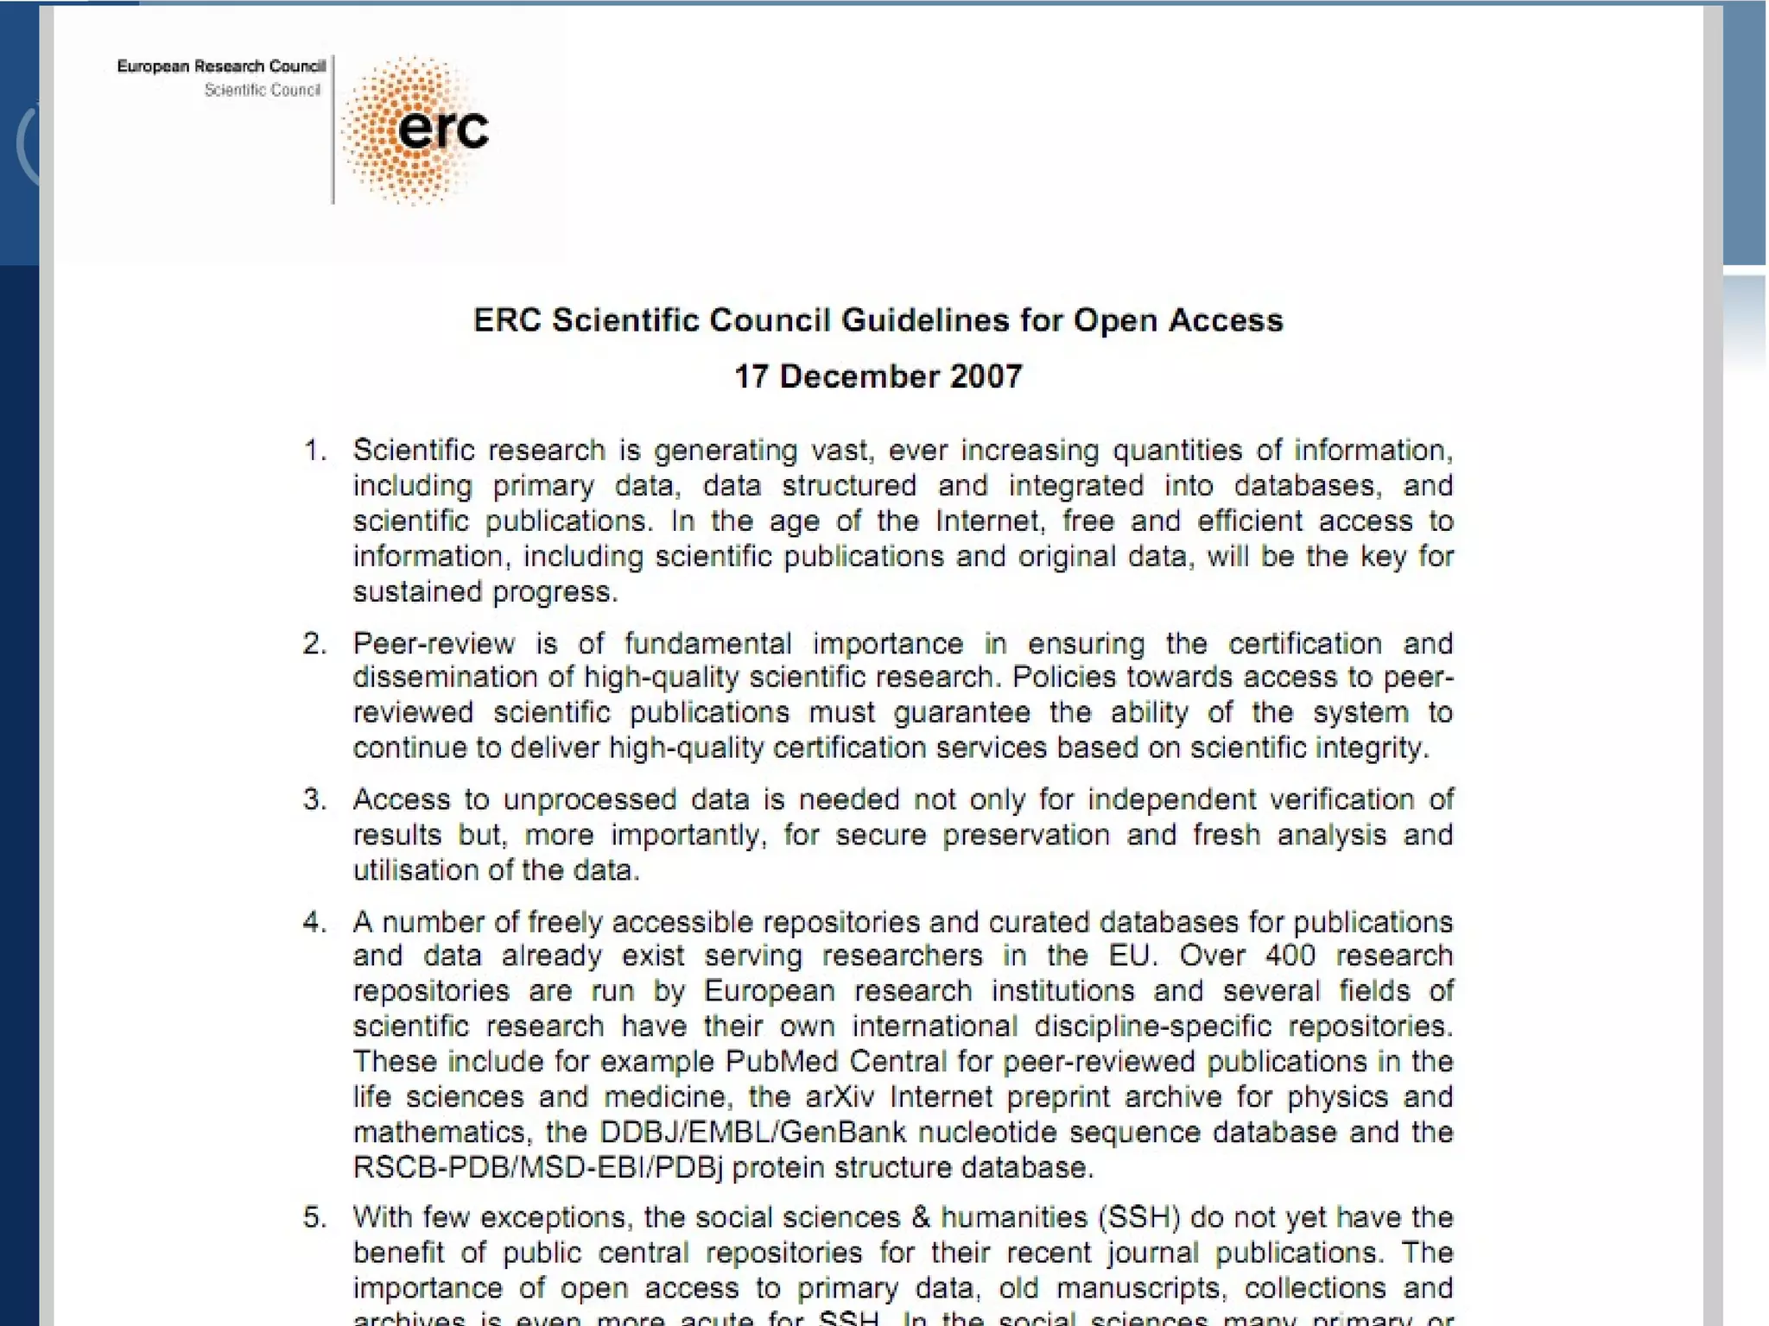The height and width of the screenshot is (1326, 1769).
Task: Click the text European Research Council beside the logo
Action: tap(221, 66)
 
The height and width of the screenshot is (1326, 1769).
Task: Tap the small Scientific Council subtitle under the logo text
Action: tap(262, 90)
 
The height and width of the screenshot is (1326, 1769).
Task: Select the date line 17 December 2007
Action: tap(878, 376)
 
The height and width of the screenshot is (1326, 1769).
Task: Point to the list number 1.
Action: tap(314, 451)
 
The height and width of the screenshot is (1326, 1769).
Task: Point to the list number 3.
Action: tap(314, 799)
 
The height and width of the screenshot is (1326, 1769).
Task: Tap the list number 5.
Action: tap(314, 1217)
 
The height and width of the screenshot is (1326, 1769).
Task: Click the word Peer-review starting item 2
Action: tap(434, 643)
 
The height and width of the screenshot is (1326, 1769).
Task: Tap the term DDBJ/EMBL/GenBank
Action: tap(752, 1132)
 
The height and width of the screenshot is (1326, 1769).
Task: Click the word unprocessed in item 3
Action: tap(590, 799)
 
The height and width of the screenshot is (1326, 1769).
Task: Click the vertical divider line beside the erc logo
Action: tap(333, 129)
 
